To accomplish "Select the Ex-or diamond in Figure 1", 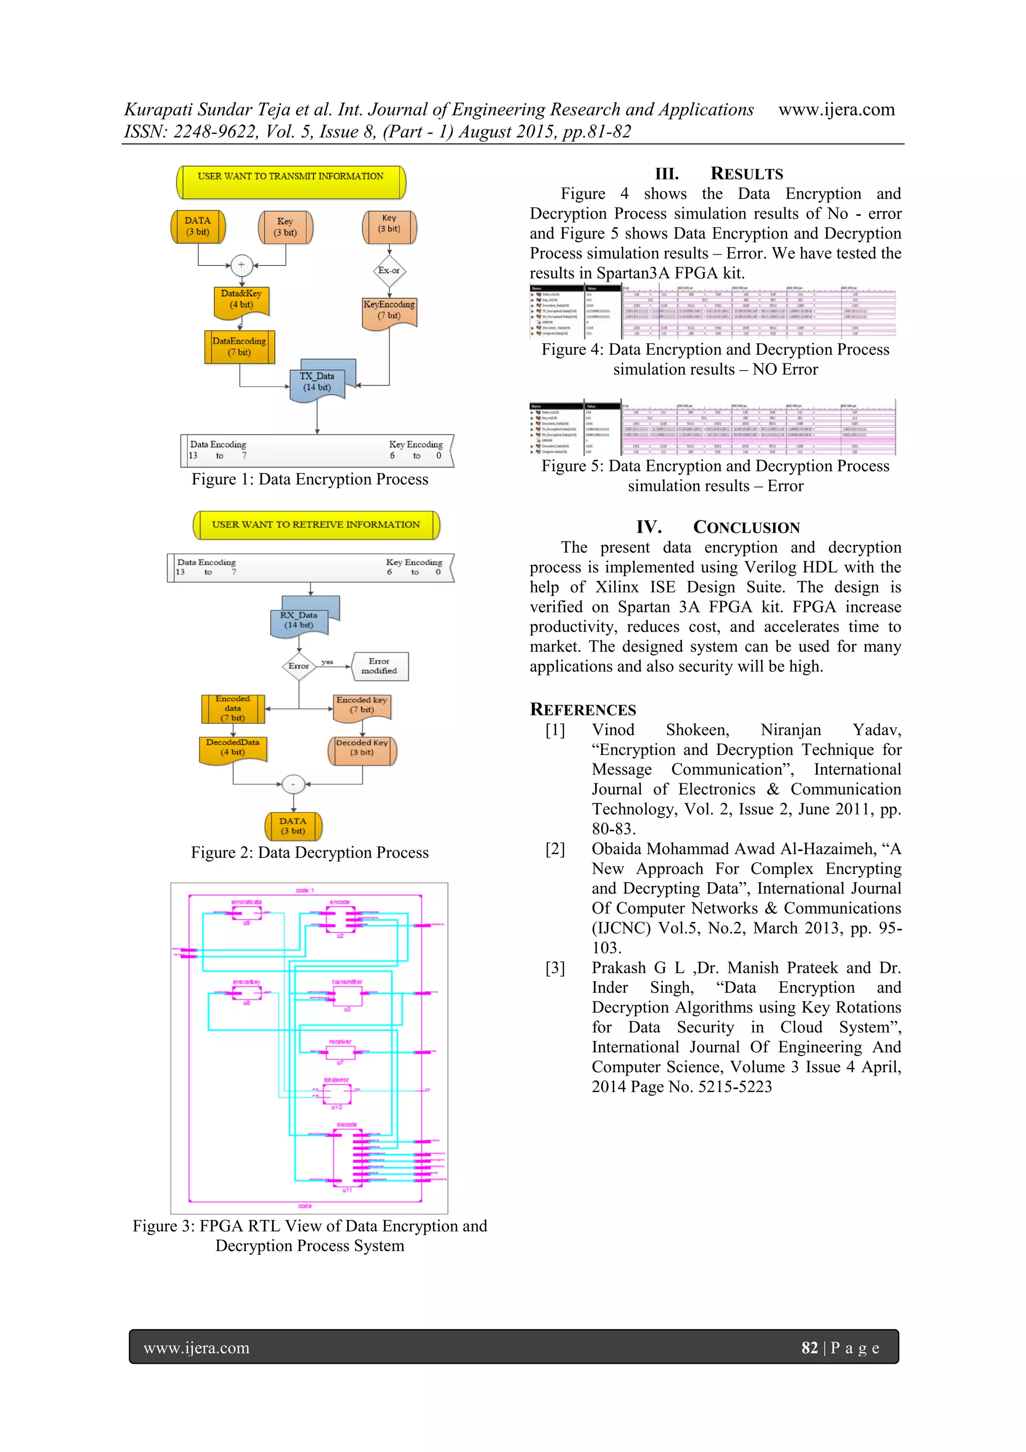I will coord(389,271).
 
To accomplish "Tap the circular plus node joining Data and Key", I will coord(241,265).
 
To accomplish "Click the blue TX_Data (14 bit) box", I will coord(317,382).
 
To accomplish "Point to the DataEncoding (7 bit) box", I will coord(239,346).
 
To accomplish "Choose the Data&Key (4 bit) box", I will coord(241,300).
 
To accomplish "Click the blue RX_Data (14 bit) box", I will coord(299,620).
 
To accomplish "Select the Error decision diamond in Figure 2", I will coord(299,666).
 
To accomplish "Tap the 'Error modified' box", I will coord(379,666).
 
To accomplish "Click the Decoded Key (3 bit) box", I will coord(362,749).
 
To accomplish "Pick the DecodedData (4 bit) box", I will coord(232,748).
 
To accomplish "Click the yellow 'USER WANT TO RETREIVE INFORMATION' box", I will coord(316,525).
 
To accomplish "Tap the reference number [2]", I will coord(555,849).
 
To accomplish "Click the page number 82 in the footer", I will coord(809,1348).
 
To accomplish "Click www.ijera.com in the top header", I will coord(836,109).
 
